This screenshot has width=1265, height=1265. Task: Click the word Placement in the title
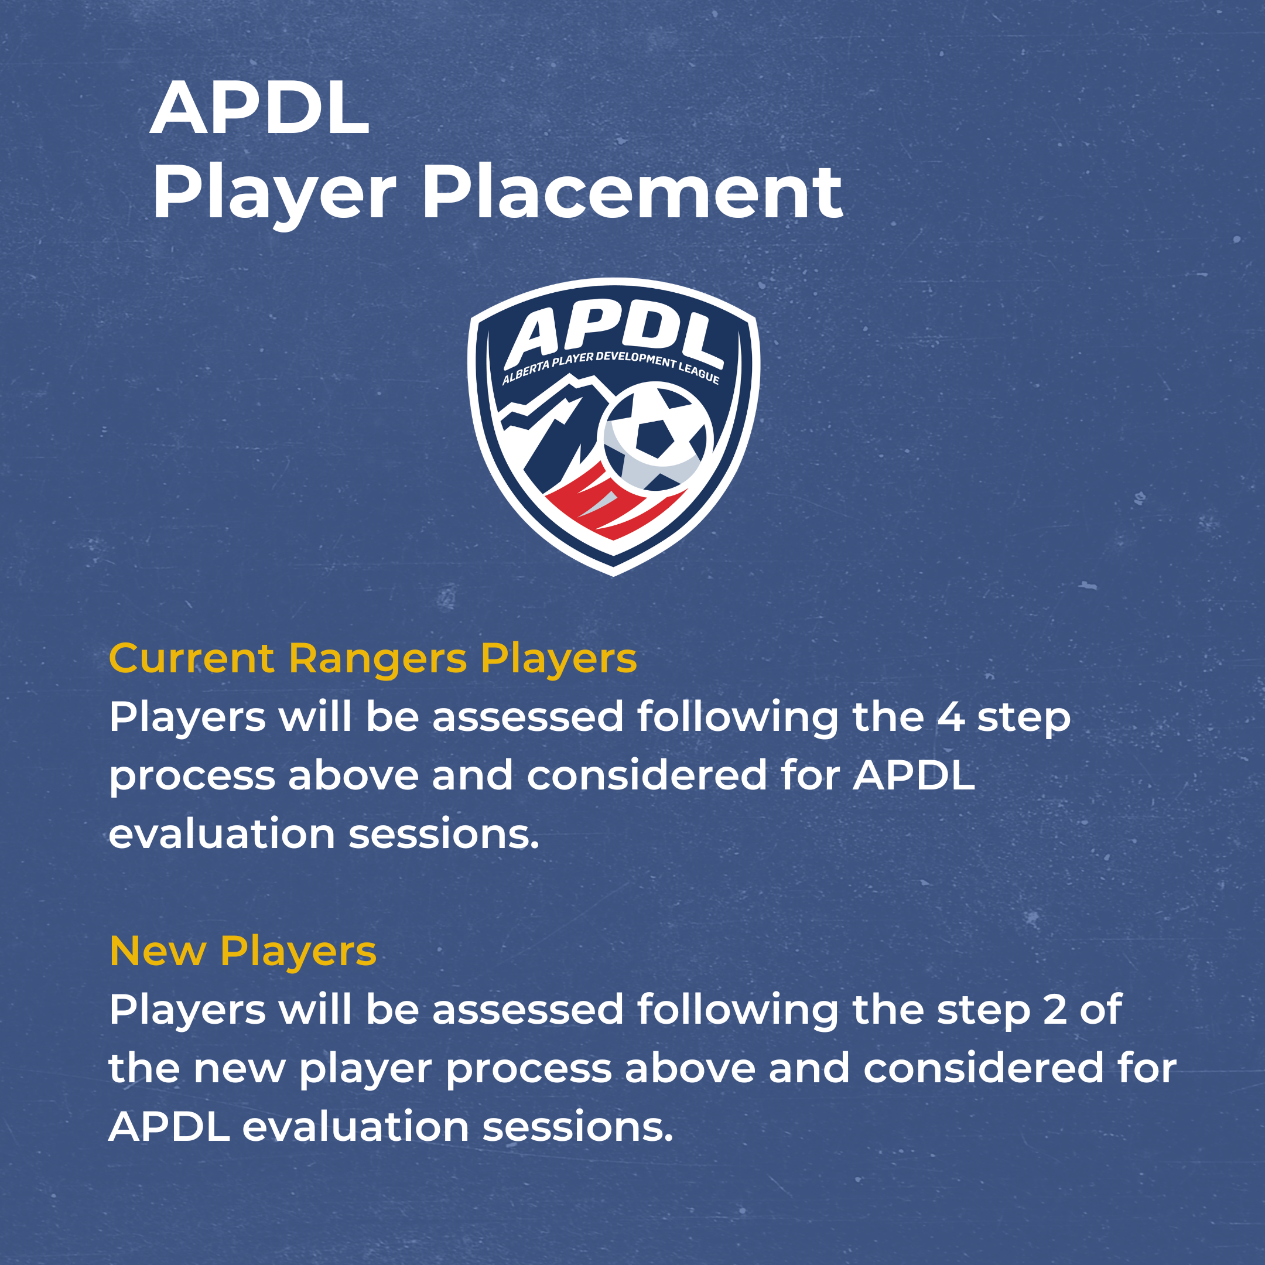tap(632, 193)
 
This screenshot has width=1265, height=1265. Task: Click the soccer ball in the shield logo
tap(655, 437)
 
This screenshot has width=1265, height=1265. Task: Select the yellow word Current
tap(191, 658)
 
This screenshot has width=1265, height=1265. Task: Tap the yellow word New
tap(157, 951)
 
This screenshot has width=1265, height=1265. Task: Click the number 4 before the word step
tap(950, 717)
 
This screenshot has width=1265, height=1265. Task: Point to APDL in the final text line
tap(169, 1127)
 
